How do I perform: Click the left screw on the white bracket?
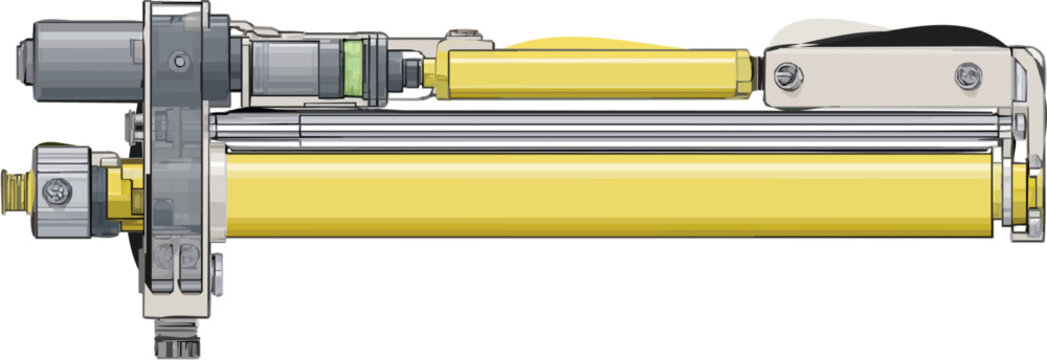(x=787, y=73)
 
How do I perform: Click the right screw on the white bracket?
(x=967, y=74)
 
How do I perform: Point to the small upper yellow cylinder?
(x=590, y=74)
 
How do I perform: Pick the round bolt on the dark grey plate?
(x=179, y=61)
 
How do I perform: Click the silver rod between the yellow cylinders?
(x=600, y=129)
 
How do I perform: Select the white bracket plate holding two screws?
(x=880, y=75)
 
